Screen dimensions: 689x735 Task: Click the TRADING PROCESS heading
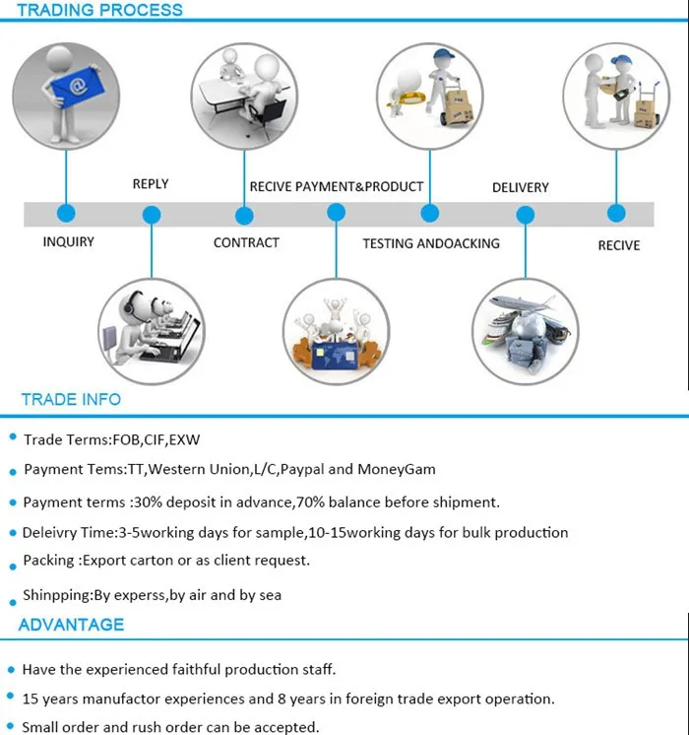(99, 10)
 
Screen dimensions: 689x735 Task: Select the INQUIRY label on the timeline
(68, 241)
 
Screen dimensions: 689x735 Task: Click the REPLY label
(151, 183)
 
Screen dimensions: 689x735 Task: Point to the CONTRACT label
(246, 242)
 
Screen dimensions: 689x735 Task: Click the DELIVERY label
(521, 187)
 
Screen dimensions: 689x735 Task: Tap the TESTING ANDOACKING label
(431, 243)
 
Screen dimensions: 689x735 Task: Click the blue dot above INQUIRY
(66, 213)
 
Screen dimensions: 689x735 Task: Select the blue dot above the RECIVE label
(616, 213)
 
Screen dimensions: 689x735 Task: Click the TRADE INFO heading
(71, 399)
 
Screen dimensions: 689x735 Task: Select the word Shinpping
(57, 595)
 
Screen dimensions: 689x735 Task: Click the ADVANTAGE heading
(71, 625)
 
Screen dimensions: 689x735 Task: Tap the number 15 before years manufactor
(30, 699)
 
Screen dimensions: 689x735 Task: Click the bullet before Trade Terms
(13, 437)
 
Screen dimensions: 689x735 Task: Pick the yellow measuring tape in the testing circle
(407, 99)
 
